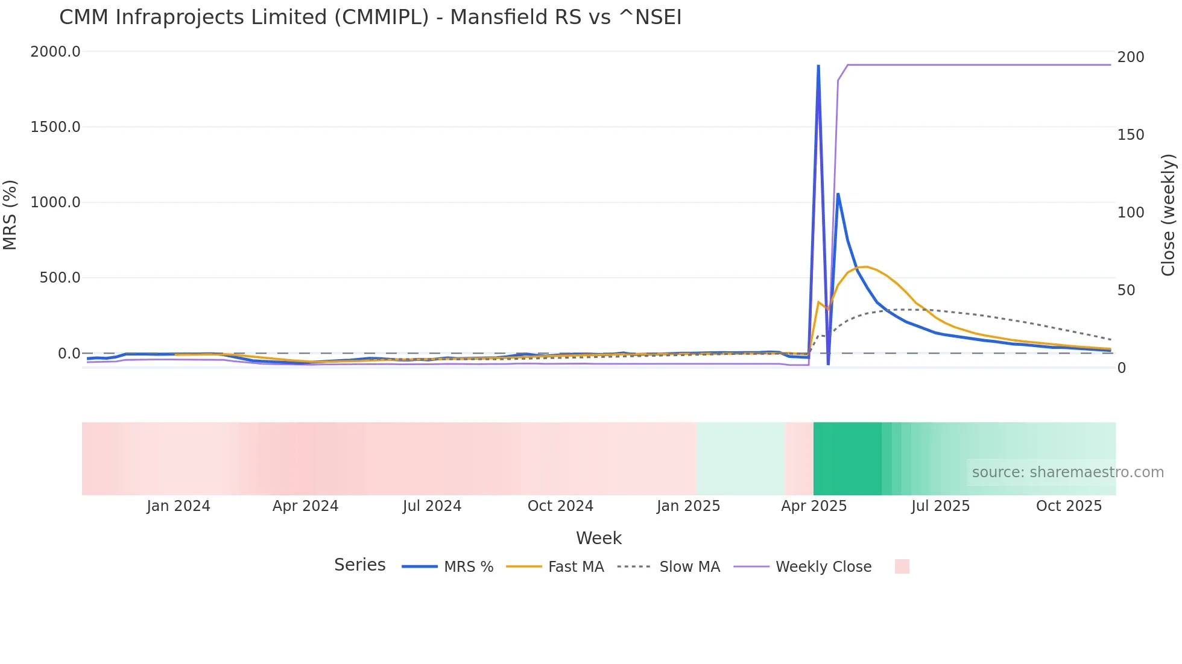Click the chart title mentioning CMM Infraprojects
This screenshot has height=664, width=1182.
(370, 17)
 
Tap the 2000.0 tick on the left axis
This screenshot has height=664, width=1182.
(55, 52)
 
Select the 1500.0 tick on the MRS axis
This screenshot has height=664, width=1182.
(55, 127)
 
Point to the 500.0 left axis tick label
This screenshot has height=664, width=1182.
(60, 278)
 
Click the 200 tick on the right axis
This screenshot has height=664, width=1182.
(1130, 57)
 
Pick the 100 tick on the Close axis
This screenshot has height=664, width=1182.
(1130, 213)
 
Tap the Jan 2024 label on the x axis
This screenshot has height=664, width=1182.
(179, 506)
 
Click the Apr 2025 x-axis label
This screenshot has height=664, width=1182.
(814, 506)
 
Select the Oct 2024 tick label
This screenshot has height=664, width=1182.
(560, 506)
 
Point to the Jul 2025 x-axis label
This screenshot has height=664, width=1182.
(940, 506)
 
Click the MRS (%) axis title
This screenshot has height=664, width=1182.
(10, 215)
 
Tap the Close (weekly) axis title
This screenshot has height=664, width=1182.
(1168, 215)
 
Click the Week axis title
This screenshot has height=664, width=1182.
(598, 538)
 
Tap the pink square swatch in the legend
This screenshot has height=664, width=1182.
(902, 566)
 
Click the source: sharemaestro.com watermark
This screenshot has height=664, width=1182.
(1067, 472)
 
